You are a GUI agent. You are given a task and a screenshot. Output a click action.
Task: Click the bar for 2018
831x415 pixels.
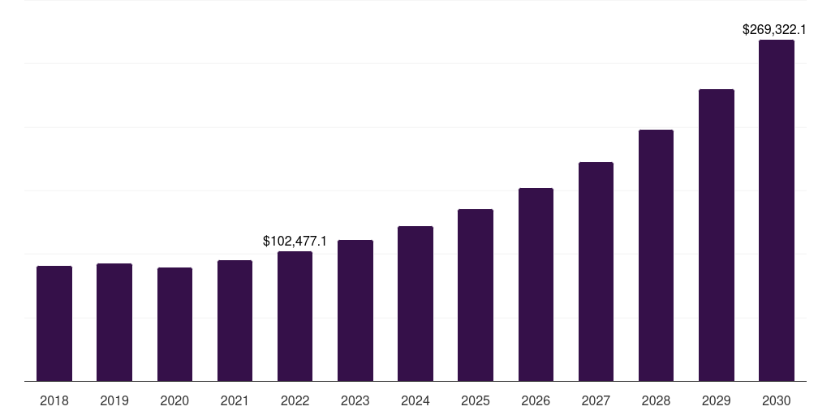point(54,323)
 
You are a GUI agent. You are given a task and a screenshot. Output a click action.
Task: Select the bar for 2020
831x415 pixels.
point(174,324)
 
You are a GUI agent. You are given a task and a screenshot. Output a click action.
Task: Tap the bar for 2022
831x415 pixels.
point(295,316)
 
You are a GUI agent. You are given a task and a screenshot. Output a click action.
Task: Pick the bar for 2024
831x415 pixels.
point(415,304)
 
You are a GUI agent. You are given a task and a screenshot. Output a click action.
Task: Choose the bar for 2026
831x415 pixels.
point(536,285)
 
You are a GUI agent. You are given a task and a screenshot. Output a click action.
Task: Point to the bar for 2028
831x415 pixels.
point(656,255)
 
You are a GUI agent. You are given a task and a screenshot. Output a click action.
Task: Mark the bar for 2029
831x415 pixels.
point(716,235)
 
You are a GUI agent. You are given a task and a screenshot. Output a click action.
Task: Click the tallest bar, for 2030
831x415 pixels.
point(777,211)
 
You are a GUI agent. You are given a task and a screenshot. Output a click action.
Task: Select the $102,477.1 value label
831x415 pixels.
point(295,241)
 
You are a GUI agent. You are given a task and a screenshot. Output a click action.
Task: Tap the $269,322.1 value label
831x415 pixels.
point(774,29)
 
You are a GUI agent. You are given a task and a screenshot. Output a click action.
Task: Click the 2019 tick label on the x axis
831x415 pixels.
point(114,400)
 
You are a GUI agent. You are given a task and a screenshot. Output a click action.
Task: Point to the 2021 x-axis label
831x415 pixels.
point(235,400)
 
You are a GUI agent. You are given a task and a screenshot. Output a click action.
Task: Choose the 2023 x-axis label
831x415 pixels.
point(355,400)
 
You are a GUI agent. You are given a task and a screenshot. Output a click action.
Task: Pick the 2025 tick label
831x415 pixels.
point(476,400)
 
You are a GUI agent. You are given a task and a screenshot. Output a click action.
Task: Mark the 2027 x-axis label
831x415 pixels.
point(596,400)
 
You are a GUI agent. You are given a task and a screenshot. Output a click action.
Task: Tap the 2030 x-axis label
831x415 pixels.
point(777,400)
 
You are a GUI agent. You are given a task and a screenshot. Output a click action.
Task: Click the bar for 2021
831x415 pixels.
point(235,321)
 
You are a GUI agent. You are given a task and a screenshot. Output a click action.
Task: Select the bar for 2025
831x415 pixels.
point(476,295)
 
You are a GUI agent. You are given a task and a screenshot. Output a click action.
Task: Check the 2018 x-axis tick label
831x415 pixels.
point(54,400)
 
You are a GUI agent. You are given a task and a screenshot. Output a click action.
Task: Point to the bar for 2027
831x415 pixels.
point(596,272)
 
